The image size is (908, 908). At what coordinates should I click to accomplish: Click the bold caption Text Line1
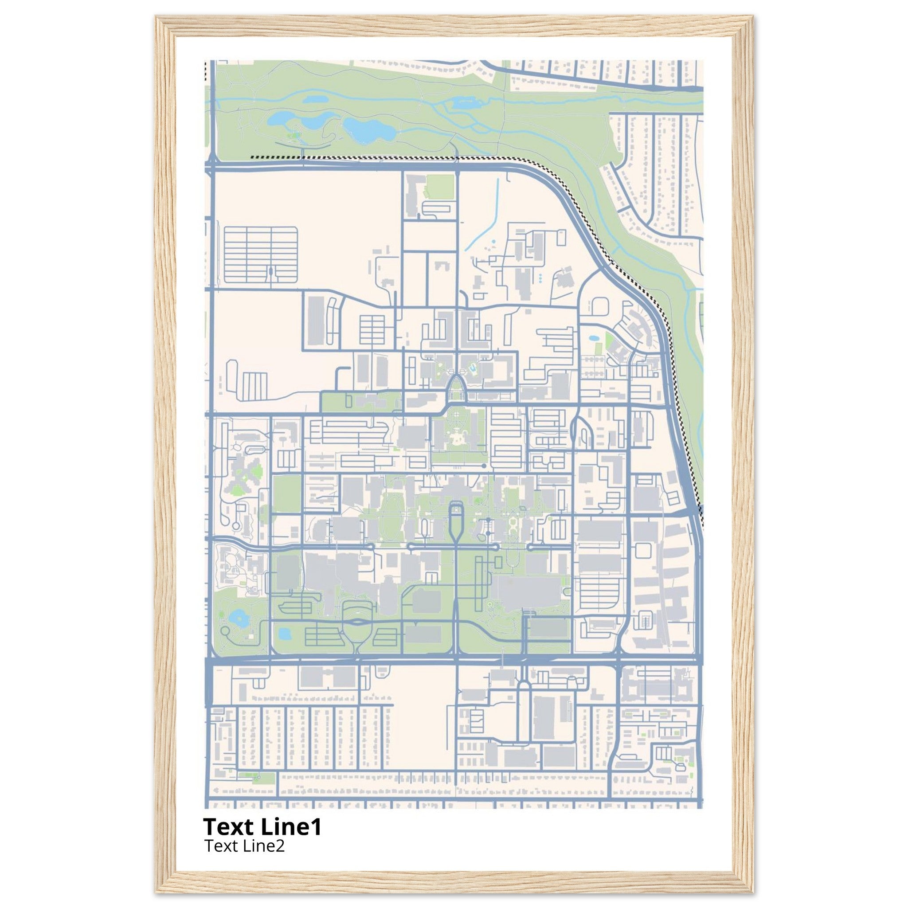pos(262,827)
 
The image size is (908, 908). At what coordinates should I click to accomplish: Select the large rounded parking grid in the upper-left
pos(261,255)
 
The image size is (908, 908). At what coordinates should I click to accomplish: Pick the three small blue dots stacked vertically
pos(540,278)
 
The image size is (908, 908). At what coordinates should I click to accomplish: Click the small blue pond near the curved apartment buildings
pos(594,338)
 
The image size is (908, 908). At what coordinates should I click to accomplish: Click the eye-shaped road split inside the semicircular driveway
pos(359,622)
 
